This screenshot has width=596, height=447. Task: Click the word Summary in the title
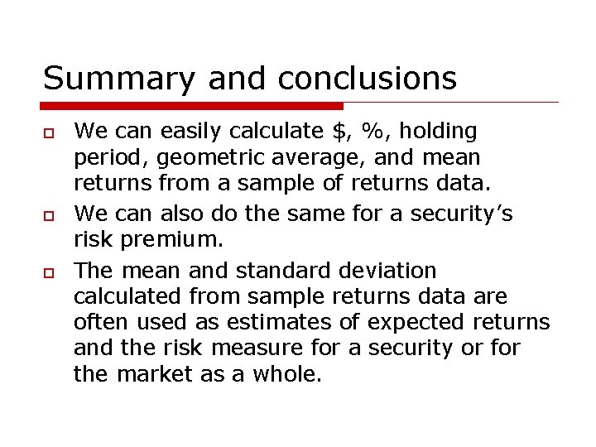click(x=118, y=79)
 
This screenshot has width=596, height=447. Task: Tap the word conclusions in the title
click(x=367, y=79)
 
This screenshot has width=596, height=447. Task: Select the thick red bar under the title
click(x=192, y=106)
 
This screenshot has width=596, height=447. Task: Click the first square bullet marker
click(x=49, y=133)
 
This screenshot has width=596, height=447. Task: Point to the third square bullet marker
click(x=49, y=272)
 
